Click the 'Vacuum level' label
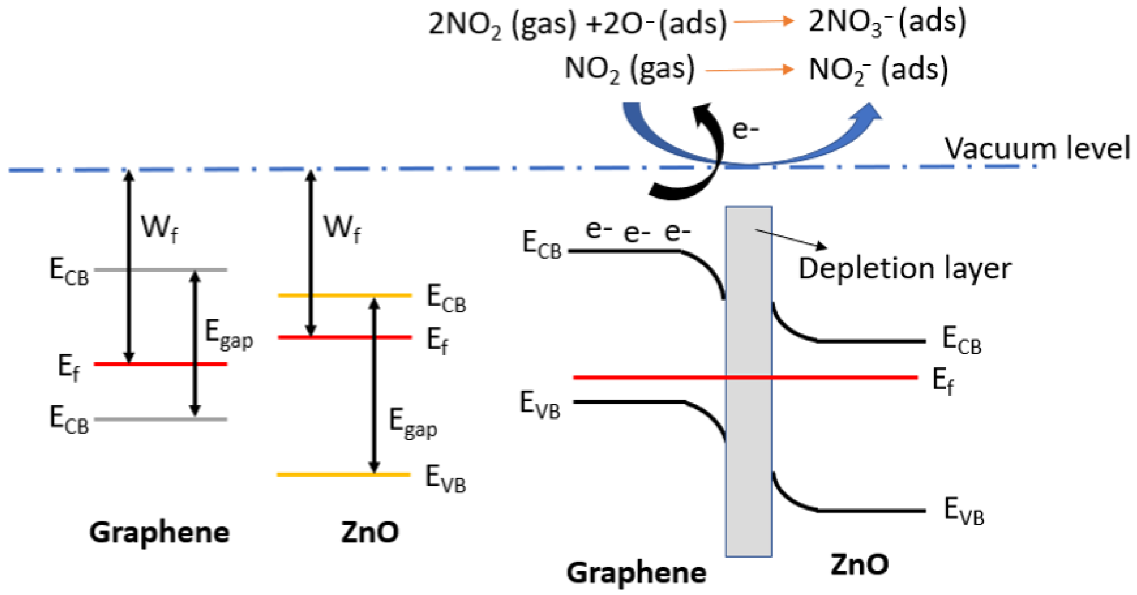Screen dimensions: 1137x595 point(1036,148)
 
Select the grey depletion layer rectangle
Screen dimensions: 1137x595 point(749,381)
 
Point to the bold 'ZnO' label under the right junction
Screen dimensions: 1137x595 point(859,564)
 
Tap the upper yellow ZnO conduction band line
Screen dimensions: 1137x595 point(345,295)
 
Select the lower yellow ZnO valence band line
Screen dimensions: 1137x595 point(344,474)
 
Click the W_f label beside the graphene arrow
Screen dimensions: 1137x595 point(159,229)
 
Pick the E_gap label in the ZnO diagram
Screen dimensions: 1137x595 point(413,423)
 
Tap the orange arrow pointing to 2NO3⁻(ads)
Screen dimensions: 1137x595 point(764,21)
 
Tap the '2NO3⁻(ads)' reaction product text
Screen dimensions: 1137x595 point(887,22)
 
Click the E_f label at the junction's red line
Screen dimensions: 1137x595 point(943,381)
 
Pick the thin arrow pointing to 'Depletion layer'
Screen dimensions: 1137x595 point(791,239)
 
